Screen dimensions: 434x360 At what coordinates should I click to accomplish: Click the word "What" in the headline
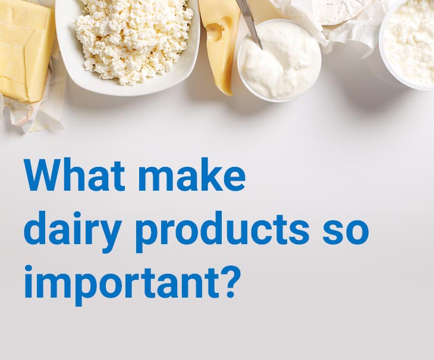point(74,175)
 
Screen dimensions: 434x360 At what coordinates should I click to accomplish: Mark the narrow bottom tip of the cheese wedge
point(229,93)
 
